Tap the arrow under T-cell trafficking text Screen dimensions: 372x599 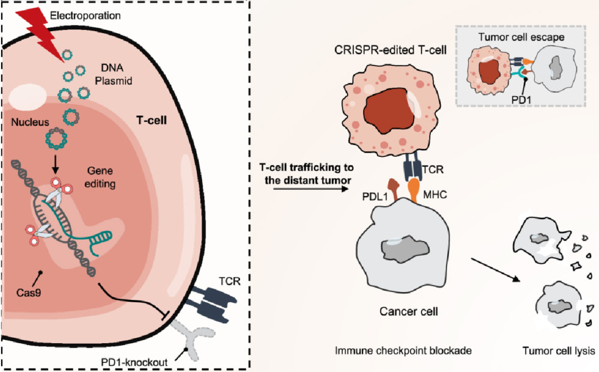click(306, 189)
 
